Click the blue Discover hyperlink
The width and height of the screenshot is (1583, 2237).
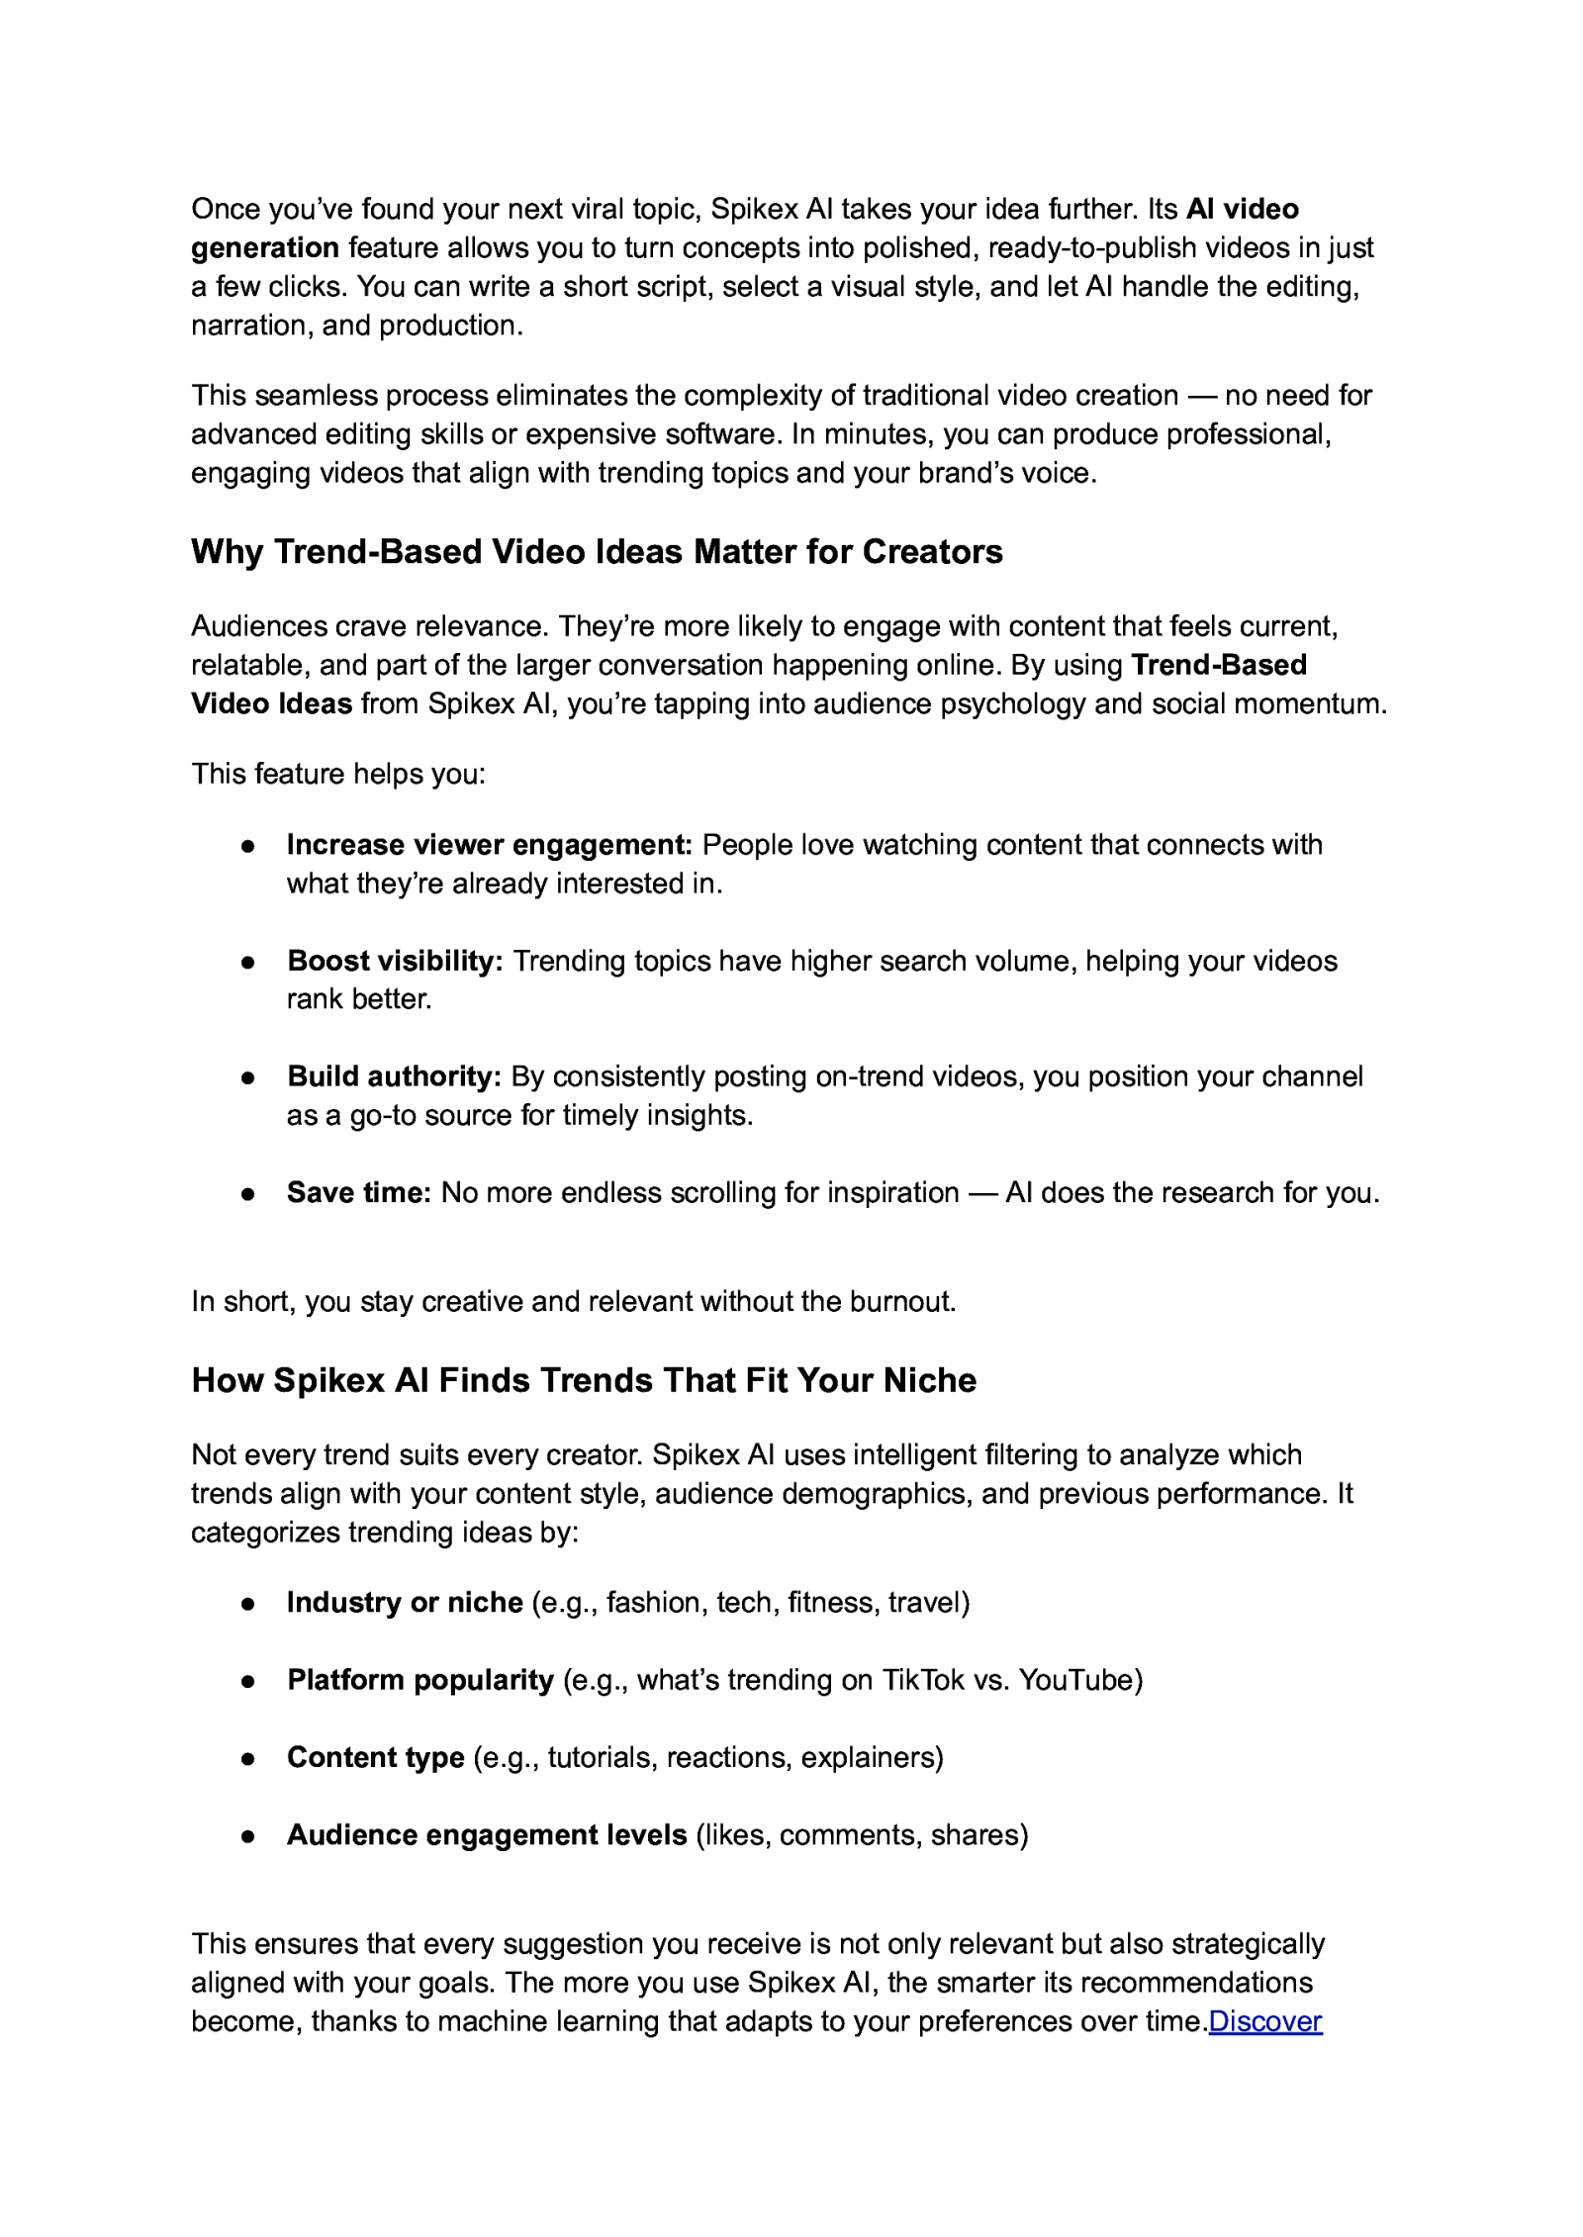click(x=1264, y=2020)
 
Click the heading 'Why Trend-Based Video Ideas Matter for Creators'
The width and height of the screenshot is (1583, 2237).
click(x=597, y=551)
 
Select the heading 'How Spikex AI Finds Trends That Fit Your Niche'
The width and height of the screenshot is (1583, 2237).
click(x=584, y=1379)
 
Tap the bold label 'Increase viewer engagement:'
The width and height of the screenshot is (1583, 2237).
click(x=489, y=844)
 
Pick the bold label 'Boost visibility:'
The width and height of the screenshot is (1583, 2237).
click(x=396, y=961)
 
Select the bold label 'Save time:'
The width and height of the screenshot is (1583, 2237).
click(x=359, y=1192)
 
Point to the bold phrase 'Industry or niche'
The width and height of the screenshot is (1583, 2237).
click(x=405, y=1602)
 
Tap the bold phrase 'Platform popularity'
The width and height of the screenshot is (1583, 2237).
click(x=420, y=1679)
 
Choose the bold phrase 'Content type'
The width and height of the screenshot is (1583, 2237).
click(x=376, y=1756)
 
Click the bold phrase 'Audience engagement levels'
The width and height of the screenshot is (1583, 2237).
click(x=487, y=1834)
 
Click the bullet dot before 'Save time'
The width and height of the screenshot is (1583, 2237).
click(x=248, y=1194)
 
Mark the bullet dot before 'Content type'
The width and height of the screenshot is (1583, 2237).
click(x=248, y=1758)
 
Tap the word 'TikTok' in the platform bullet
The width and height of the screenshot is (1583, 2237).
click(x=922, y=1679)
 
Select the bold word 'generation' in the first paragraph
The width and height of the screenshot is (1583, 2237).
click(x=265, y=247)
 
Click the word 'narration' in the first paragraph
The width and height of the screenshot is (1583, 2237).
click(x=250, y=325)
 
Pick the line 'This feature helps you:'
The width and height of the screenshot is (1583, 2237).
click(x=338, y=773)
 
